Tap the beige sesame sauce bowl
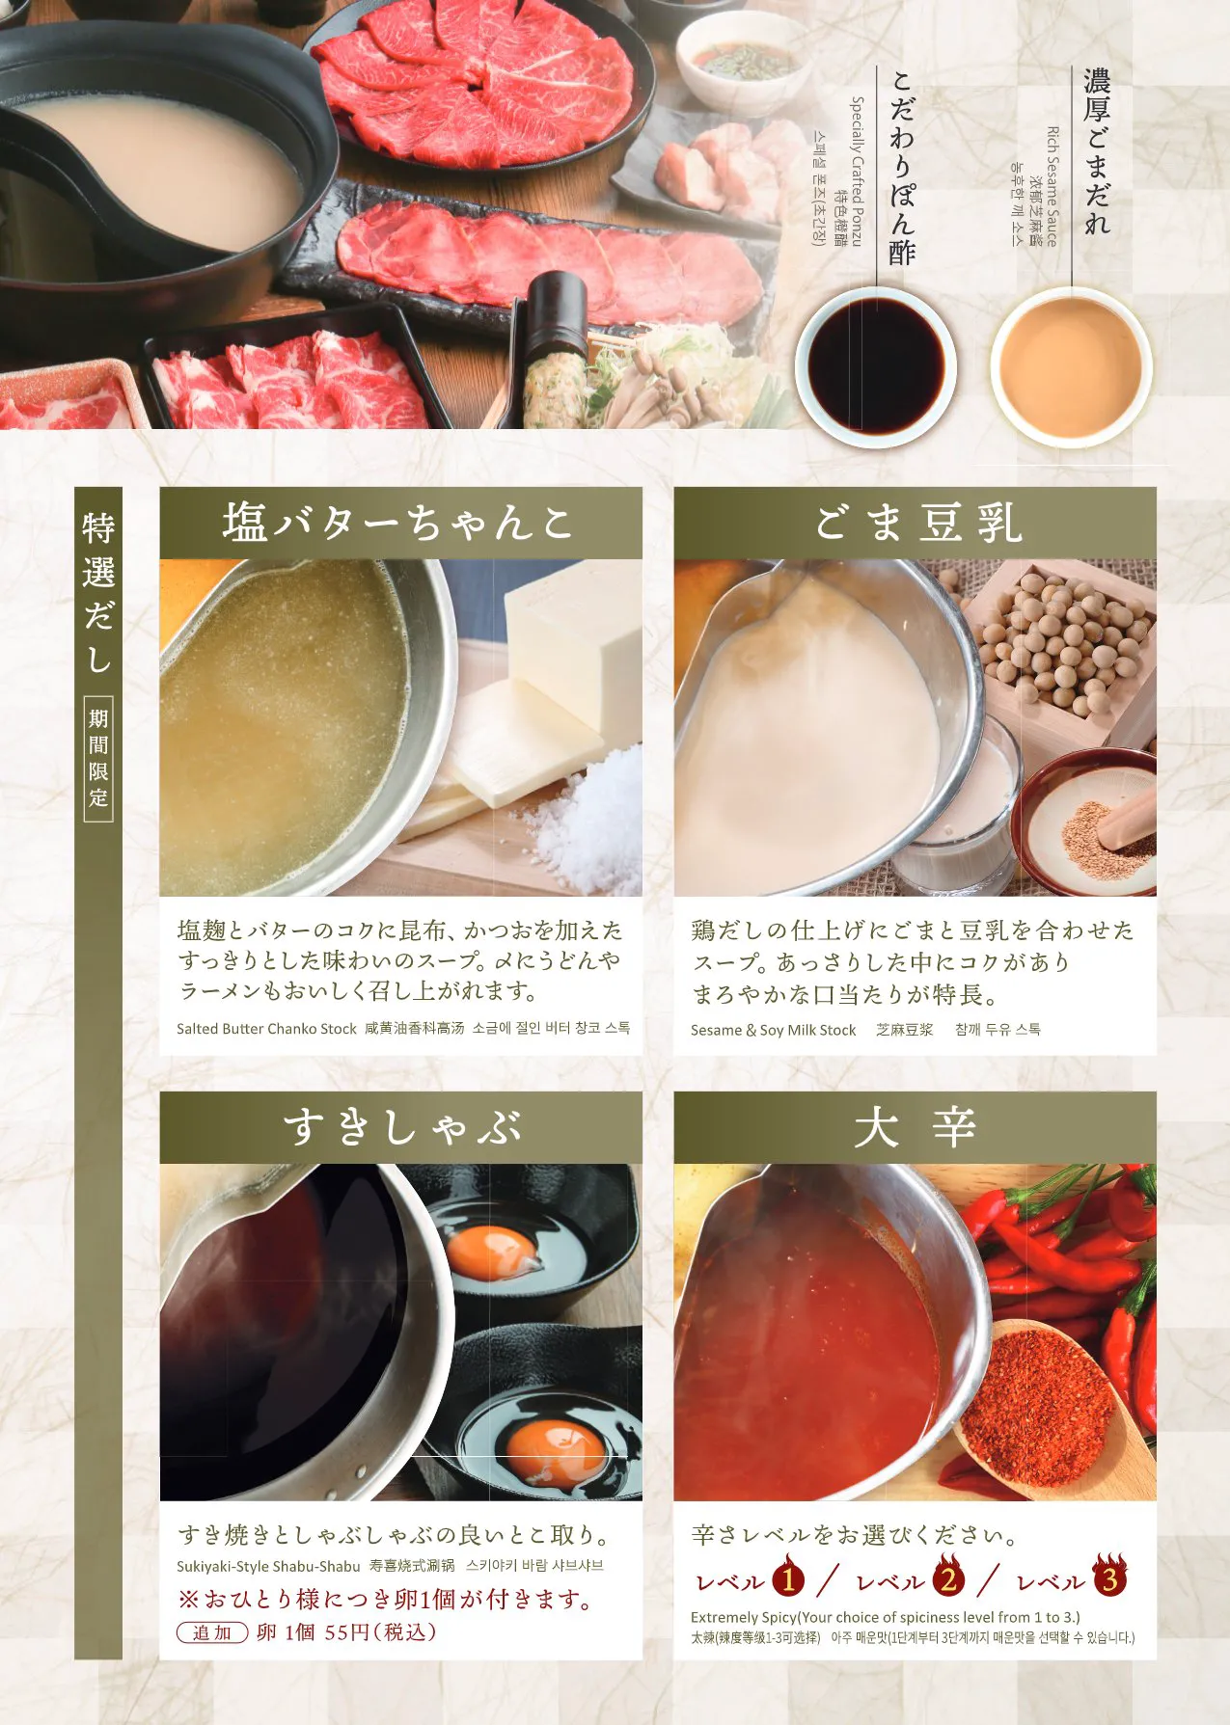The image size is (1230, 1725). coord(1071,367)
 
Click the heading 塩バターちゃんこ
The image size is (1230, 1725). coord(399,523)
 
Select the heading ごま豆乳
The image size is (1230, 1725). coord(917,523)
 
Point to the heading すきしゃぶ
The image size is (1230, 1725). coord(401,1127)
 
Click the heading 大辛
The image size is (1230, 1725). coord(915,1127)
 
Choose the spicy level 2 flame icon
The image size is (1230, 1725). coord(949,1577)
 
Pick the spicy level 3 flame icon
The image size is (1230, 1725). coord(1110,1577)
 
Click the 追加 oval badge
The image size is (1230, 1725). coord(212,1632)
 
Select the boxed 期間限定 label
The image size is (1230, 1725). coord(98,759)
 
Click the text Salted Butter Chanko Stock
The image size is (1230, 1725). coord(266,1029)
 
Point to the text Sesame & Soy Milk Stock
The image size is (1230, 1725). coord(773,1030)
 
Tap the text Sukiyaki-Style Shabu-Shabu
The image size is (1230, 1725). coord(268,1566)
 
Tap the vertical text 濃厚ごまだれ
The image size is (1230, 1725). coord(1097,150)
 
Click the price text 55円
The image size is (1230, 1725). coord(347,1632)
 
